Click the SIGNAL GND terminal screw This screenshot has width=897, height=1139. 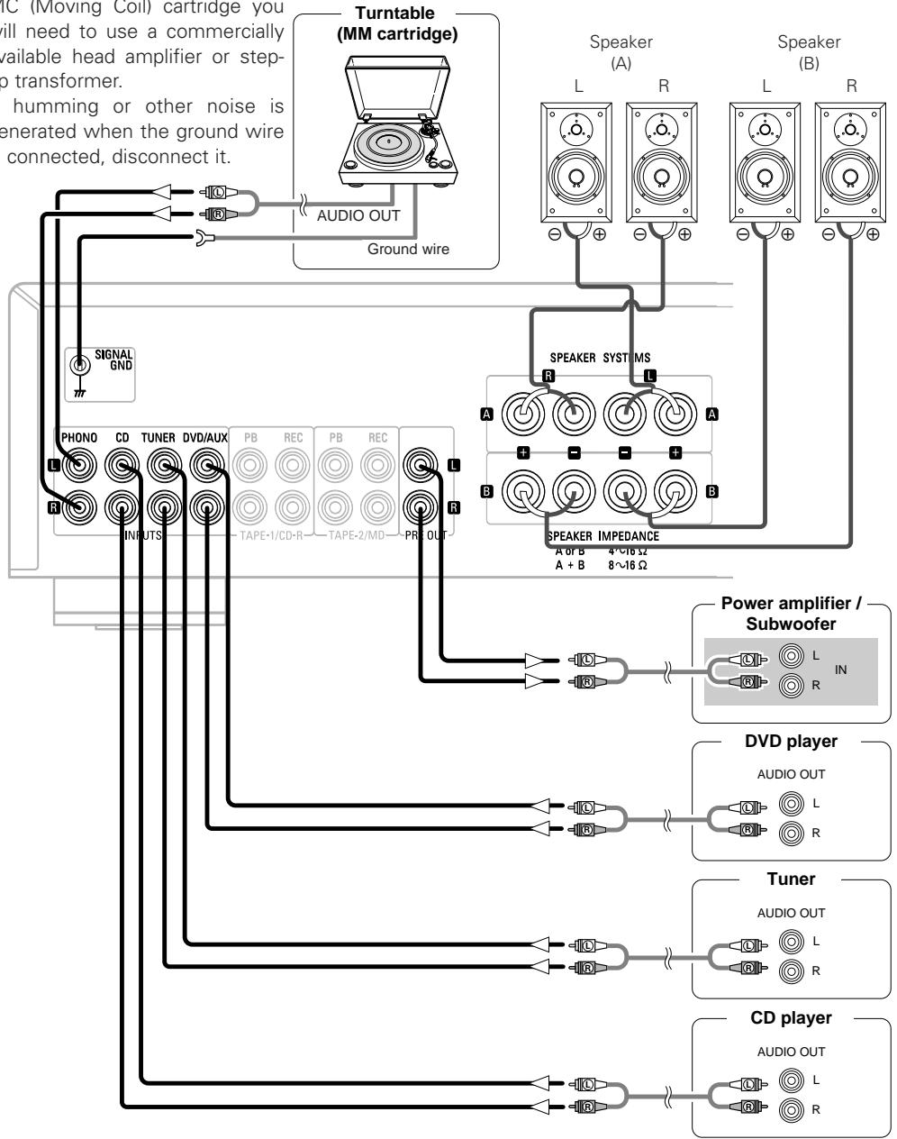[81, 365]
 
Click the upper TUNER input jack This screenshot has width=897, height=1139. [163, 466]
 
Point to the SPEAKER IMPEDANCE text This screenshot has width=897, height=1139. [603, 536]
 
